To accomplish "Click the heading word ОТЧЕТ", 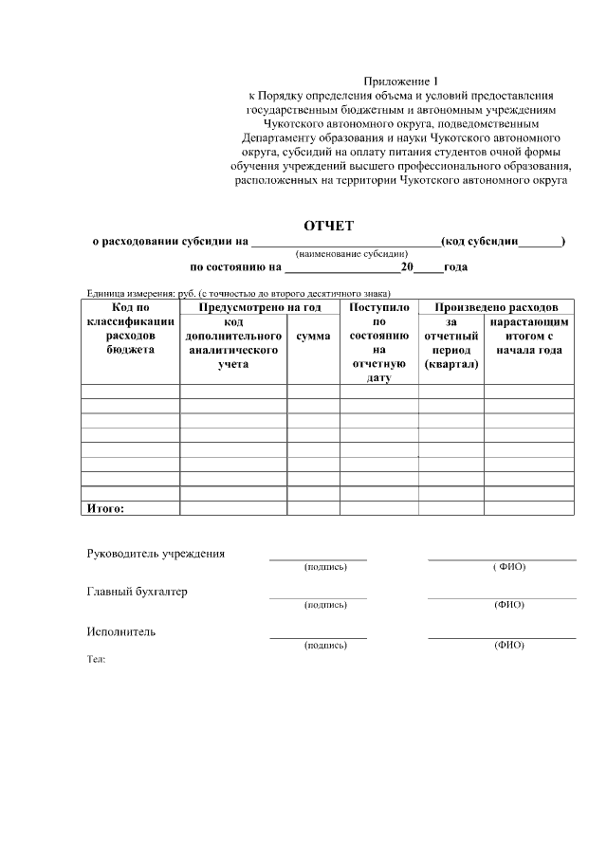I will pyautogui.click(x=328, y=226).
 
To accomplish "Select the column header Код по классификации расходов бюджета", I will pyautogui.click(x=130, y=329).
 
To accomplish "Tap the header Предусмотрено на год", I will pyautogui.click(x=259, y=308).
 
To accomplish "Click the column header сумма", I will pyautogui.click(x=313, y=337).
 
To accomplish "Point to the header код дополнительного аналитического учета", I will pyautogui.click(x=232, y=343).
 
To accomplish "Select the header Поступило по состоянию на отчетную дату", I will pyautogui.click(x=378, y=342).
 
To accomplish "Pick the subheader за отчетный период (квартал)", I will pyautogui.click(x=451, y=343).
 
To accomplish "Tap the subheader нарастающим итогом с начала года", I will pyautogui.click(x=528, y=337).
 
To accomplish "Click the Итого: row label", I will pyautogui.click(x=106, y=508).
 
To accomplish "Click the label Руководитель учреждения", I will pyautogui.click(x=156, y=554).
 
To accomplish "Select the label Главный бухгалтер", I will pyautogui.click(x=137, y=592).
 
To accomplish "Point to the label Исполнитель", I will pyautogui.click(x=121, y=631).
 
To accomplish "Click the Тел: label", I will pyautogui.click(x=96, y=658).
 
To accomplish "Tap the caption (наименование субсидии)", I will pyautogui.click(x=351, y=254).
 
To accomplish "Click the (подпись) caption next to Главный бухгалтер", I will pyautogui.click(x=325, y=605).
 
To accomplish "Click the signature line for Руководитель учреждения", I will pyautogui.click(x=318, y=558).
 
